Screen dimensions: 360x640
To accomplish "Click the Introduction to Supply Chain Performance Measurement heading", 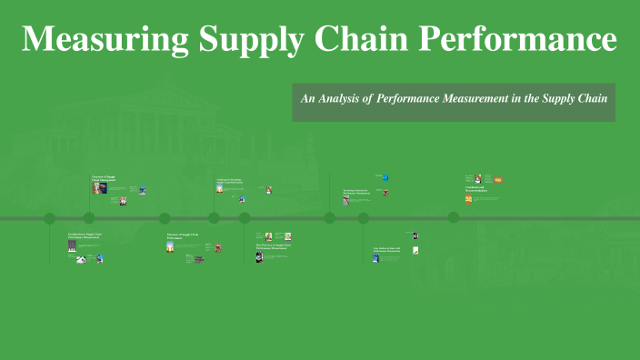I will click(x=85, y=236).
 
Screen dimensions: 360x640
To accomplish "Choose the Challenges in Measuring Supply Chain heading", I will click(x=228, y=181).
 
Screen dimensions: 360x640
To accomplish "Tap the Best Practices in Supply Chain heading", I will click(x=274, y=245).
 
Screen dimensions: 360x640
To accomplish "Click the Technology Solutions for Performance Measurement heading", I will click(x=356, y=192).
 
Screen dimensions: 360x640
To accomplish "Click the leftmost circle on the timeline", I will click(x=50, y=218).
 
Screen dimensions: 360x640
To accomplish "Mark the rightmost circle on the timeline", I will click(x=453, y=217).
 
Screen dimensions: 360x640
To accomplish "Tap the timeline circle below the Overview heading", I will click(x=89, y=218).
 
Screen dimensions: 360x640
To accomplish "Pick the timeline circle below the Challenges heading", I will click(x=215, y=218).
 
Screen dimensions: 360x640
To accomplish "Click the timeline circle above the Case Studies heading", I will click(x=364, y=218).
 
